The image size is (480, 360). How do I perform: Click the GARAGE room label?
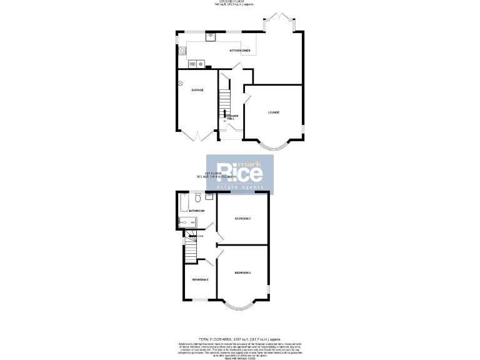click(197, 90)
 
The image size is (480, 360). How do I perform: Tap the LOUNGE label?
click(273, 112)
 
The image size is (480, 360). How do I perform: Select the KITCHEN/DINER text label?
click(240, 50)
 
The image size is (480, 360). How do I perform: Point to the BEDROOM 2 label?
click(242, 219)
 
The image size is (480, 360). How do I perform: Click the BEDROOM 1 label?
click(242, 273)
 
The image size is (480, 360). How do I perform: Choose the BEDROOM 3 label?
click(199, 279)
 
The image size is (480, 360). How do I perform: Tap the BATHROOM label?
click(197, 211)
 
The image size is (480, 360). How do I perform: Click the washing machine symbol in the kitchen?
click(201, 63)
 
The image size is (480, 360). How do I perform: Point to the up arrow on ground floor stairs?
click(224, 114)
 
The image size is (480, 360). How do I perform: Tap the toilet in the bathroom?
click(198, 199)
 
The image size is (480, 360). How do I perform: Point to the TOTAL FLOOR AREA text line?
click(240, 338)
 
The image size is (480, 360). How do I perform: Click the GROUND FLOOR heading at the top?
click(240, 2)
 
